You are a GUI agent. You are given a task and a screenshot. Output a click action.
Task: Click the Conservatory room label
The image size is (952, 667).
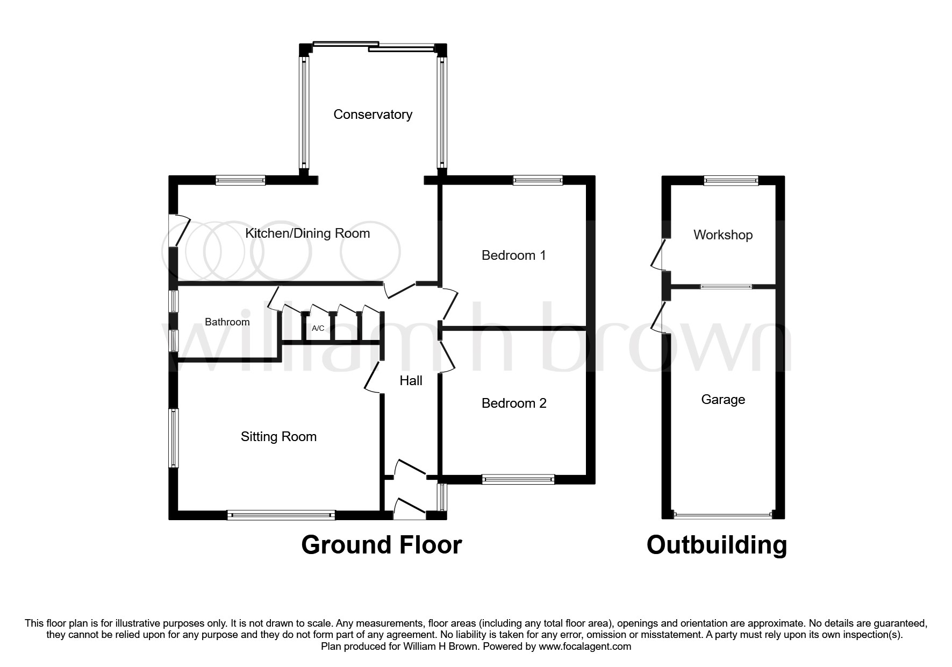coord(373,115)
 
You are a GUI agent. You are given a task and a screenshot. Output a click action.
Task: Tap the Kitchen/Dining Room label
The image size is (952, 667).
coord(307,233)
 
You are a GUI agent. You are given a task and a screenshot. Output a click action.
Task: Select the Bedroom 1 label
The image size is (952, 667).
coord(513,256)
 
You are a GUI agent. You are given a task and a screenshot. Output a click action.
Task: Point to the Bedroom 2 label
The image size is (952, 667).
coord(514,403)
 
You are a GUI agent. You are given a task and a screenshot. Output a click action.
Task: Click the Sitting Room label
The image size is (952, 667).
coord(278,437)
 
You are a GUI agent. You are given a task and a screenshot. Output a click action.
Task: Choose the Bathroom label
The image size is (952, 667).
coord(227,322)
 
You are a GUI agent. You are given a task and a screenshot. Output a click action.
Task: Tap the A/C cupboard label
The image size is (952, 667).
coord(318,328)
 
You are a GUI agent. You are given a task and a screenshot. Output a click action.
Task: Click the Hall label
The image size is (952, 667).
coord(411,381)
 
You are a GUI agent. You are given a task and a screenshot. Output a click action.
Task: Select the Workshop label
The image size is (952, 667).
coord(722,235)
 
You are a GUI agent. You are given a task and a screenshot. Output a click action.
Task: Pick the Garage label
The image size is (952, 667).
coord(722,400)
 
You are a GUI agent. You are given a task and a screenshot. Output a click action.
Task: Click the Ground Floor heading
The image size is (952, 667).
coord(381,545)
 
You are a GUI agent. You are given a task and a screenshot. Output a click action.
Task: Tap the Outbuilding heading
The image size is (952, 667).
coord(717,545)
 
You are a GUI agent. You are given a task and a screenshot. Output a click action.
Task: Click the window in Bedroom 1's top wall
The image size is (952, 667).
coord(538,181)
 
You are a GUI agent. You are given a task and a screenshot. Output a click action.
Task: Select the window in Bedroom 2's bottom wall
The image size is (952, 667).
coord(518,479)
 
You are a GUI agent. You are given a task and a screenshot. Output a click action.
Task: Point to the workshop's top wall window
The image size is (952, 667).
coord(731,181)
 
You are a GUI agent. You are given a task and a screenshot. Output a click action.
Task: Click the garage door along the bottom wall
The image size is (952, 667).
coord(722,515)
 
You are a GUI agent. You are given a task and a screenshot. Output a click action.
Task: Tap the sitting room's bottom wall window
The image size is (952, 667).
coord(281,515)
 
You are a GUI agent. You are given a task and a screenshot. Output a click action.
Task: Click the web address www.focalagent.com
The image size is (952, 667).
coord(584,647)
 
